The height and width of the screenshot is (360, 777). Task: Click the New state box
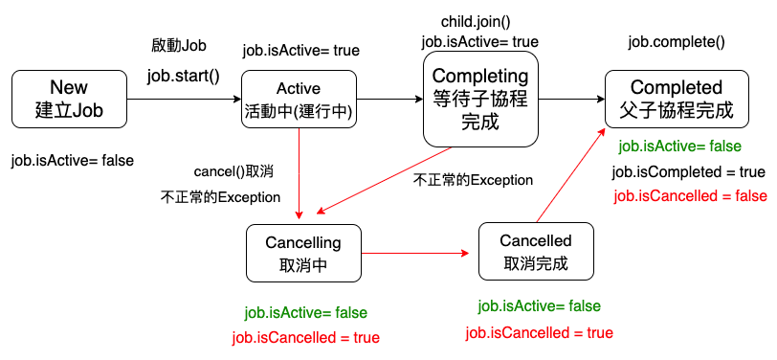(69, 100)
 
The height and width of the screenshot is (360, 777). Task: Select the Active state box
(299, 100)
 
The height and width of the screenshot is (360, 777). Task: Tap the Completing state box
(480, 100)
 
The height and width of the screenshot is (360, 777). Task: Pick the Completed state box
(677, 100)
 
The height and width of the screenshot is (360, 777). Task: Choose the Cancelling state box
(303, 253)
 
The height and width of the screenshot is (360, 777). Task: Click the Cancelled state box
(536, 251)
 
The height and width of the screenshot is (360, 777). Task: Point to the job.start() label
(184, 77)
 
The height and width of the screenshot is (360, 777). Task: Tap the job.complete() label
(677, 43)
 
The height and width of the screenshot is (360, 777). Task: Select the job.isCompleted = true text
(689, 172)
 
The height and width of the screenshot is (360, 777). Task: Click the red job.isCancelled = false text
(690, 196)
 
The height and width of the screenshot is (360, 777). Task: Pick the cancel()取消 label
(233, 172)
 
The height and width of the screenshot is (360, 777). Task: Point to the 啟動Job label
(178, 46)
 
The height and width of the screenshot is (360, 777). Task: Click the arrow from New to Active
(184, 100)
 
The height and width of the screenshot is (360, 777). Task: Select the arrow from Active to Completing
(389, 100)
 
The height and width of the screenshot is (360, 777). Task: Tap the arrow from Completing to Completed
(571, 100)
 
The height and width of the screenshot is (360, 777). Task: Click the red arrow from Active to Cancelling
(299, 173)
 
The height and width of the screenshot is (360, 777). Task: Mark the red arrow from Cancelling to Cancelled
(415, 253)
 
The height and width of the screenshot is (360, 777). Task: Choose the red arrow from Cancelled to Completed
(571, 174)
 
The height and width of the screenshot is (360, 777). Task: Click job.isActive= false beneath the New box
(73, 161)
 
